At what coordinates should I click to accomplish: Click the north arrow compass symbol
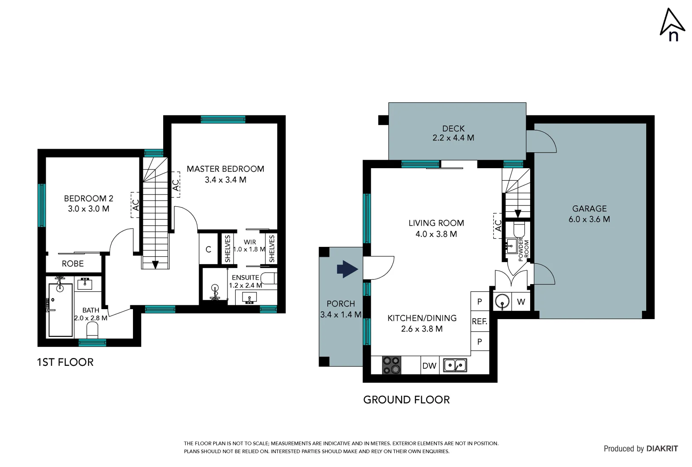(672, 25)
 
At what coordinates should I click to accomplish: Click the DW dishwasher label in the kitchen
(429, 366)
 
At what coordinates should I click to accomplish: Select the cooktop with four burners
(392, 365)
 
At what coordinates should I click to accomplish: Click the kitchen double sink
(455, 365)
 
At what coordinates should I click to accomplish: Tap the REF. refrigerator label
(479, 322)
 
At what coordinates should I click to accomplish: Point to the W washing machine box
(521, 302)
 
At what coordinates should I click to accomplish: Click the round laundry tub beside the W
(502, 301)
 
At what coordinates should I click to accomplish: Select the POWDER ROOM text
(523, 249)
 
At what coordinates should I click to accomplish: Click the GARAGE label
(589, 208)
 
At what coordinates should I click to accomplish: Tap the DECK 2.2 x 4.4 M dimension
(453, 138)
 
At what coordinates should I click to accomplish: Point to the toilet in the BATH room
(92, 331)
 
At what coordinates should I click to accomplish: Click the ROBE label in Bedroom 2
(73, 264)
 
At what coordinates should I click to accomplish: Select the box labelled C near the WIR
(209, 249)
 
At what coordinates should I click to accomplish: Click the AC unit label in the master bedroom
(176, 185)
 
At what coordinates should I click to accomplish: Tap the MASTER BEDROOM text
(225, 169)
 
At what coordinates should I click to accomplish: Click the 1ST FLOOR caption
(65, 362)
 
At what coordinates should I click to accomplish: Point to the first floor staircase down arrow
(155, 265)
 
